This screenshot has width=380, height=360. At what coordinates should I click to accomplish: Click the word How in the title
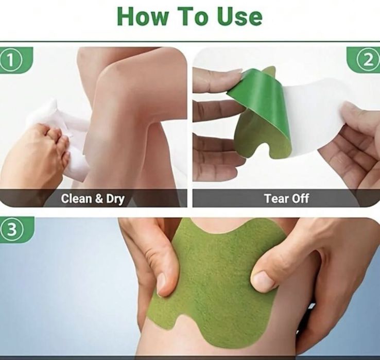(x=143, y=16)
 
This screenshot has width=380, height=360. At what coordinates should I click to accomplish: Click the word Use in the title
(x=239, y=16)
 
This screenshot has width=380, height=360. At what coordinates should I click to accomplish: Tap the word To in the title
(x=193, y=16)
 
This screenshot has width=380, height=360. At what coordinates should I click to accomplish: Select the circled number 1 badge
(x=10, y=60)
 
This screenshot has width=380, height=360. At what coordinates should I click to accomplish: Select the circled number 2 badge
(x=368, y=60)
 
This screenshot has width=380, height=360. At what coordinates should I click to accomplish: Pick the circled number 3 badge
(x=11, y=230)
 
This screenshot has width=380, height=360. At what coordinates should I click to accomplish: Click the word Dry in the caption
(x=115, y=199)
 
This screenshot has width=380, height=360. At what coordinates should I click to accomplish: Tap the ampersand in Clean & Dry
(x=99, y=199)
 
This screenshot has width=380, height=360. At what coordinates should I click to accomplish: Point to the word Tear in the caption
(x=275, y=199)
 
